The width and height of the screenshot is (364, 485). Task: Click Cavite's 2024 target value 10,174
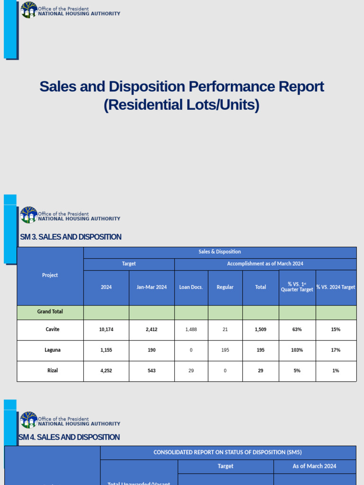click(x=106, y=330)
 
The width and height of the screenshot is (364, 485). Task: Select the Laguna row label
click(x=53, y=350)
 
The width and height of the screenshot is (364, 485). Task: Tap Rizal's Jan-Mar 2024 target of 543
click(x=152, y=371)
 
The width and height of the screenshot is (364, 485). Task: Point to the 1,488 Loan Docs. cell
click(x=191, y=330)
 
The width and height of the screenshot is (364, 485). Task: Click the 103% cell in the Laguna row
click(x=297, y=350)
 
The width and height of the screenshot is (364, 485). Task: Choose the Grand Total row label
click(x=50, y=312)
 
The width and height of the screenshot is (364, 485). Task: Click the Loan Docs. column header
click(x=191, y=287)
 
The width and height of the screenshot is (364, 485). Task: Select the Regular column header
click(x=225, y=287)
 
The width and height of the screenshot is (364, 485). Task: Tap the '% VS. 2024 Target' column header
click(x=336, y=287)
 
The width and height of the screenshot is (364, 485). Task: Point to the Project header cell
click(x=50, y=275)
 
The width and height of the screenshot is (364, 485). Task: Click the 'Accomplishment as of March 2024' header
click(x=265, y=264)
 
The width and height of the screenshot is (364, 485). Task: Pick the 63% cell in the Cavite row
click(x=297, y=330)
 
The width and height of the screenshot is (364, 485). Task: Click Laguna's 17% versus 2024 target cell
click(x=336, y=350)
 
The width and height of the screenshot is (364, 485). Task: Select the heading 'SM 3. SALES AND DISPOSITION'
click(x=71, y=237)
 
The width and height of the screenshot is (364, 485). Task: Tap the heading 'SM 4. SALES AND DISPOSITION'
click(x=70, y=437)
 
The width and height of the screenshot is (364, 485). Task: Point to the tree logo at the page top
click(x=29, y=9)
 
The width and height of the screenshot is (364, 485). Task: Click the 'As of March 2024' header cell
click(x=314, y=466)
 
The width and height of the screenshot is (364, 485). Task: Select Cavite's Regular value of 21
click(x=225, y=330)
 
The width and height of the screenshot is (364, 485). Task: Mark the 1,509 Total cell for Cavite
click(x=261, y=330)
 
